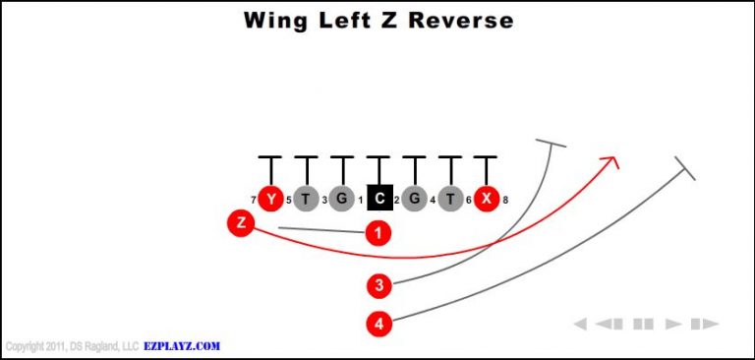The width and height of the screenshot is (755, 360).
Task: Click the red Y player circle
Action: point(269,199)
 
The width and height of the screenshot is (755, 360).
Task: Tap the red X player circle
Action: point(486,199)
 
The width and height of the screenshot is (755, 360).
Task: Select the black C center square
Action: point(378,199)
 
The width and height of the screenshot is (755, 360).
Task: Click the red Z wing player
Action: point(241,222)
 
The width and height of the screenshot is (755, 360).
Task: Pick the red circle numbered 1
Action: point(377,233)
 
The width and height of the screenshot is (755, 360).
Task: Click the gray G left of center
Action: point(341,199)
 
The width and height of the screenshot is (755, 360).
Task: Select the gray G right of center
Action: point(414,199)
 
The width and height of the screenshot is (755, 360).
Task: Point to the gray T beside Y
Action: point(306,199)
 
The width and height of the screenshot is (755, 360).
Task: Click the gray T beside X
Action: point(450,199)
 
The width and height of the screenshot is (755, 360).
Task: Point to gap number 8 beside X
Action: point(505,201)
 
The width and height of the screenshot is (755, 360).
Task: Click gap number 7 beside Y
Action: point(253,201)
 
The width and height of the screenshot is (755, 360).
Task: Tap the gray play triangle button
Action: point(673,324)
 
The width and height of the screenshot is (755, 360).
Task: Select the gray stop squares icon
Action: point(644,324)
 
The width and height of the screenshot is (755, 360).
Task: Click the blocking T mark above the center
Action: point(378,157)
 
